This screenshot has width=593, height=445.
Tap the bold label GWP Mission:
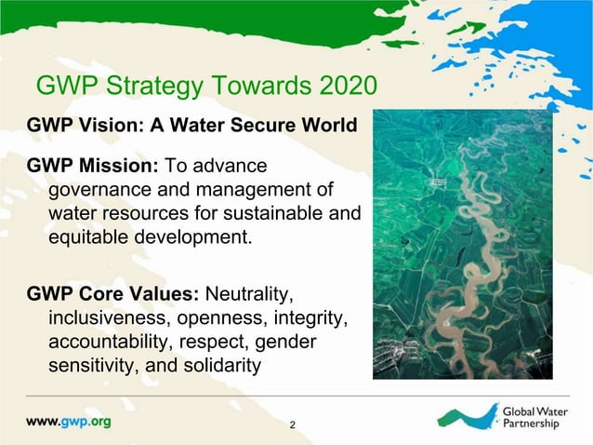coord(92,166)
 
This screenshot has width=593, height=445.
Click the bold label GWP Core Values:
coord(113,295)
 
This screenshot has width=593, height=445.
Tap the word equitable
coord(95,236)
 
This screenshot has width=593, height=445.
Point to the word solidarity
coord(216,366)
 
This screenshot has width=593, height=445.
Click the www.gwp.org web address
coord(68,421)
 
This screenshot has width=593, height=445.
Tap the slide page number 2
coord(293,425)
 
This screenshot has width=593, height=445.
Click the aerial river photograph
coord(462,244)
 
